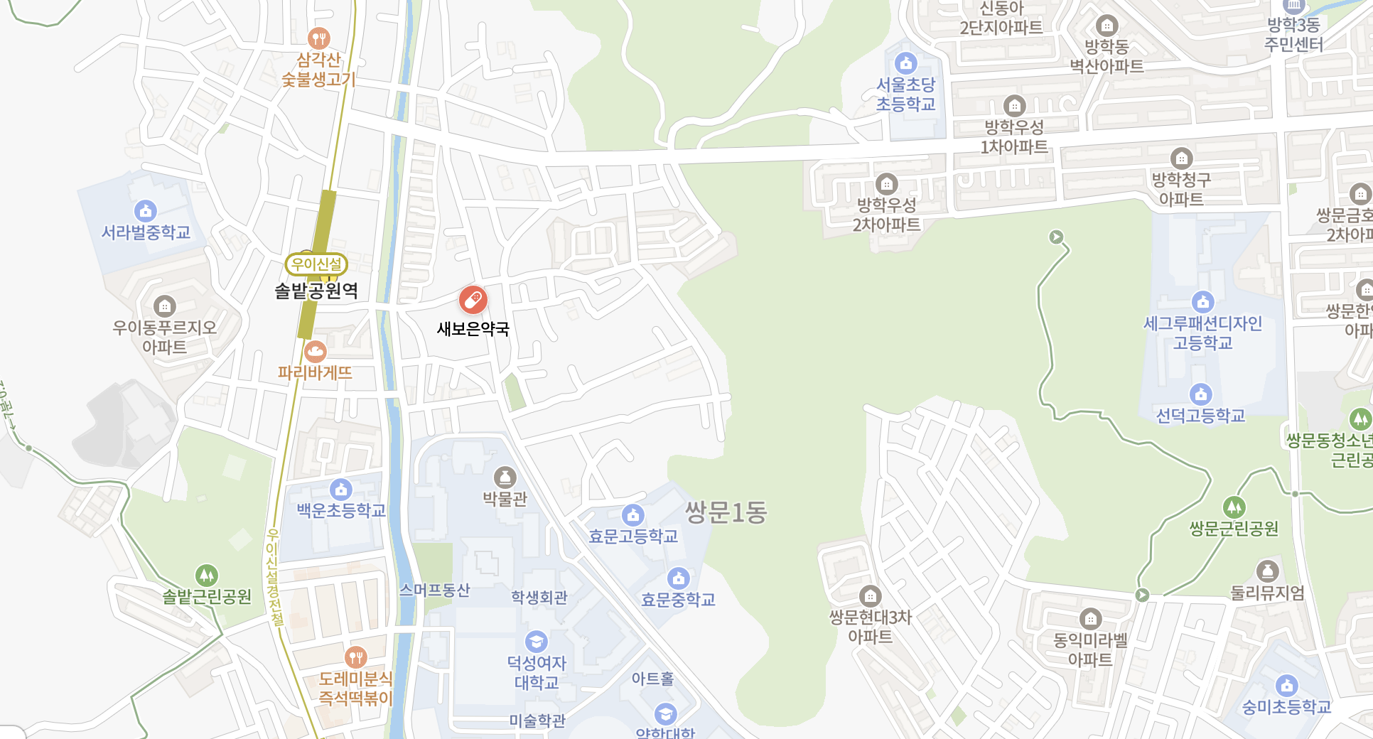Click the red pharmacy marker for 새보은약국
[x=473, y=300]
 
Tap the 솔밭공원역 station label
[x=316, y=291]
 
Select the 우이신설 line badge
[x=316, y=264]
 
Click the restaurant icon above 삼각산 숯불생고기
[x=318, y=38]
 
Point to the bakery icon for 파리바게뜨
[x=315, y=351]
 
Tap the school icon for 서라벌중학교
[x=145, y=211]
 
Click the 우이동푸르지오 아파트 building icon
[x=164, y=306]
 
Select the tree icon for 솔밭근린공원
[x=206, y=575]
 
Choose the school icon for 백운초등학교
[x=341, y=490]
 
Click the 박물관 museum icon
[x=505, y=478]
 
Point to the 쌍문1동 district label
[x=726, y=512]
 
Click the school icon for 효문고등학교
[x=632, y=515]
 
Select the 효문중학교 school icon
[x=678, y=578]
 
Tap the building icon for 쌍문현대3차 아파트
[x=870, y=595]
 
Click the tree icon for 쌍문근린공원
[x=1234, y=507]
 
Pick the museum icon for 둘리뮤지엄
[x=1267, y=571]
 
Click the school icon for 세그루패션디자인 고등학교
[x=1202, y=302]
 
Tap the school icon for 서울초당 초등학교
[x=905, y=63]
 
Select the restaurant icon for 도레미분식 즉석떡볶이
[x=355, y=657]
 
